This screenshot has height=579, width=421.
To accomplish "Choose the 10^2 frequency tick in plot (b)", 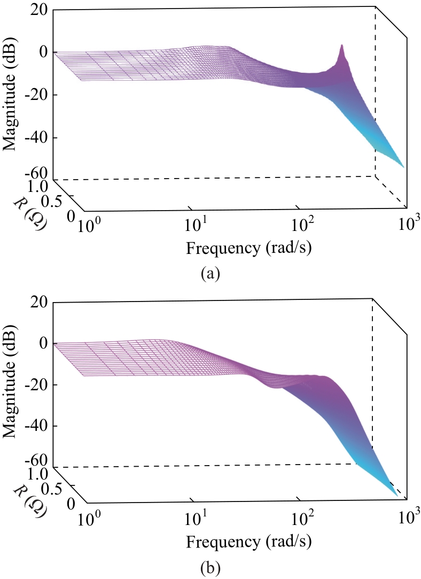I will (302, 517).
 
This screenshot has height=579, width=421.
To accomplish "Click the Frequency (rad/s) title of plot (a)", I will (248, 248).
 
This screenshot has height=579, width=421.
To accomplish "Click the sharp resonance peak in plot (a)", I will (341, 45).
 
